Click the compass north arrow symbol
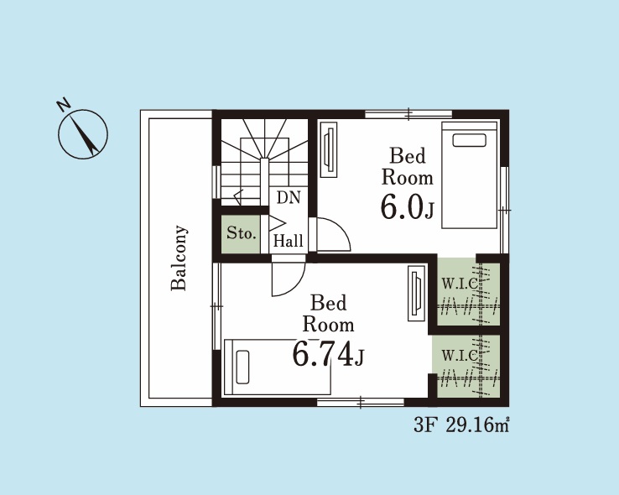pos(83,134)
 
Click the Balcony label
pos(179,258)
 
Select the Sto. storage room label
pos(242,233)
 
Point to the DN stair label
pos(289,197)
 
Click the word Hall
pos(289,241)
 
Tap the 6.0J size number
pos(407,208)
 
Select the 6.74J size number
pos(328,354)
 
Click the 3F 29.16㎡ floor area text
pos(461,425)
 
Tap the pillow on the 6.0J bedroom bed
pos(470,140)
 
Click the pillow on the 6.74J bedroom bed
pos(242,367)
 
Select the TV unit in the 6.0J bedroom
pos(329,149)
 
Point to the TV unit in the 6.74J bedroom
pos(417,294)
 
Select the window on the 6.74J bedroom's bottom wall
pos(361,403)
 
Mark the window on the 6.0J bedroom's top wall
pos(408,114)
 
